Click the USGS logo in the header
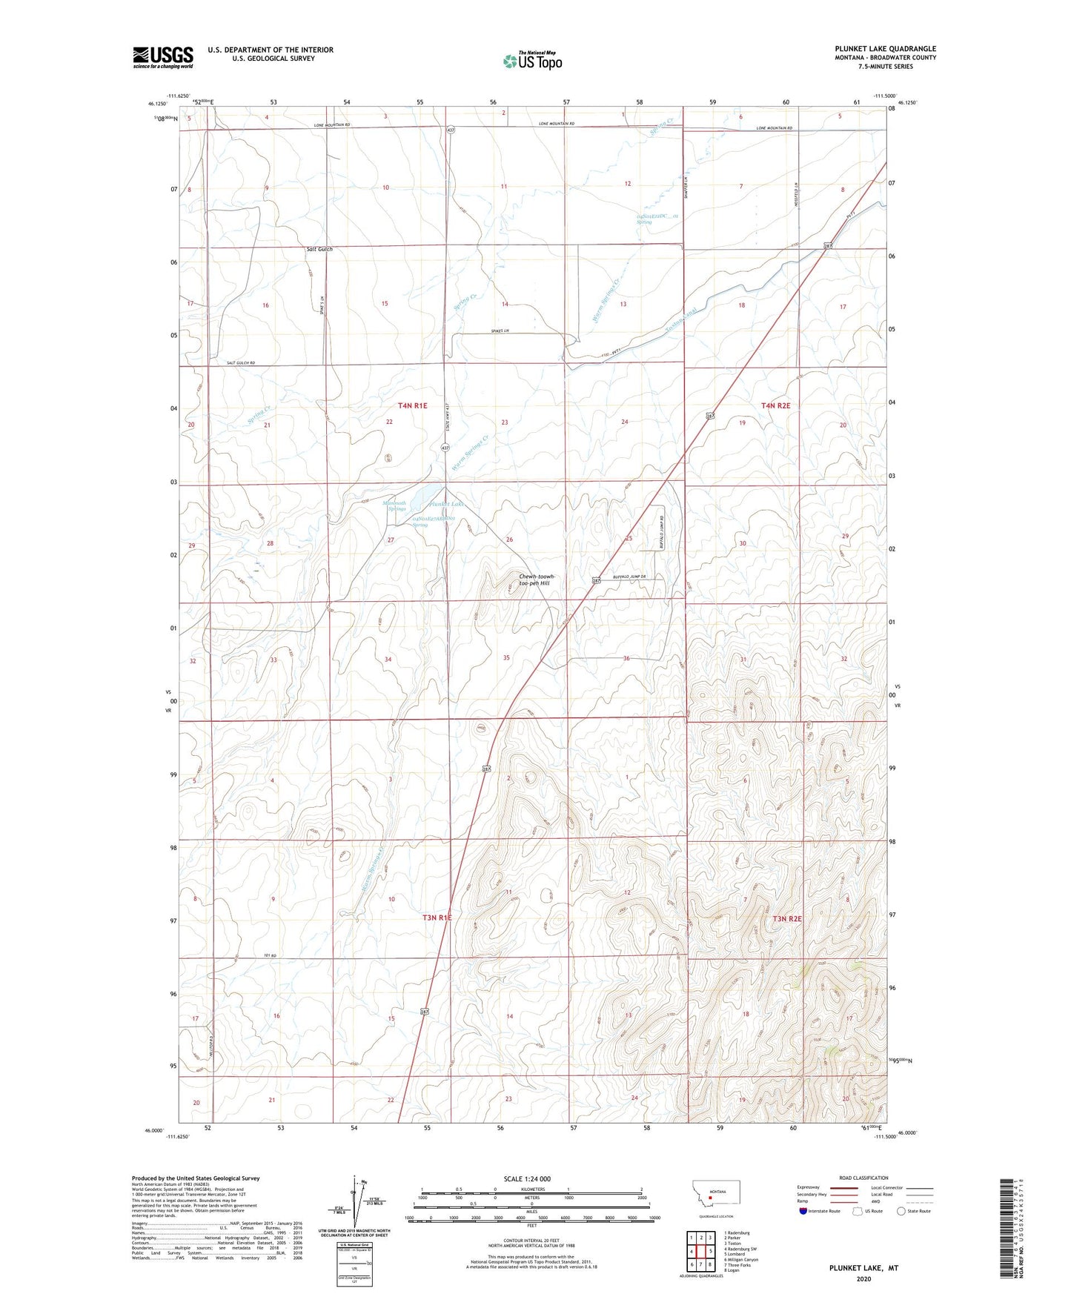[163, 56]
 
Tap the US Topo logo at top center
[531, 61]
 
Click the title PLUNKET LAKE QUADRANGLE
[885, 49]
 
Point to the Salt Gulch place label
[319, 249]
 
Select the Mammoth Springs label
[394, 506]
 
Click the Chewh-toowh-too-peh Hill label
[537, 580]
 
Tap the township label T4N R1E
[412, 405]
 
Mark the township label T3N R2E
[787, 919]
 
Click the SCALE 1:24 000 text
[527, 1179]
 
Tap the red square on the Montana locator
[710, 1216]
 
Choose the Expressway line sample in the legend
[843, 1187]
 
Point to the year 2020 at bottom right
[863, 1279]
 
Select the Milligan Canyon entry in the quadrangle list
[741, 1259]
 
